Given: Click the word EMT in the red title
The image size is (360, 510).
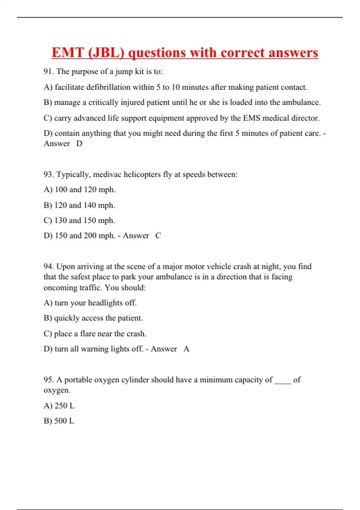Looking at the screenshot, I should point(67,53).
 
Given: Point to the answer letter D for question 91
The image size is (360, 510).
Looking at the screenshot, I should point(79,144).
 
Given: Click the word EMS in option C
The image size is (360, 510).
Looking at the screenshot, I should point(251,118).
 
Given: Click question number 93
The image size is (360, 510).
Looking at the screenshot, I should point(49,174).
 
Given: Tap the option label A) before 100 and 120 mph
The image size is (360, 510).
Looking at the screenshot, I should point(48,190).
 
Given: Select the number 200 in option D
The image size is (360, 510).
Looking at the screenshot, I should point(90,235).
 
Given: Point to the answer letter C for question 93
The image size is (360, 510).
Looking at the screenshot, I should point(158,235).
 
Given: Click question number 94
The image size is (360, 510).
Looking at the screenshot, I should point(49,266).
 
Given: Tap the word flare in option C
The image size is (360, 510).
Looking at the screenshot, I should point(87,334).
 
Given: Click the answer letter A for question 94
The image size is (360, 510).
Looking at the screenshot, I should point(186,349).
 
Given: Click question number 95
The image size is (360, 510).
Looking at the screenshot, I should point(49,380).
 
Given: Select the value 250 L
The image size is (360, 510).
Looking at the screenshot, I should point(64,406).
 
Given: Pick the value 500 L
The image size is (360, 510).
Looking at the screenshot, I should point(64,421).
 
